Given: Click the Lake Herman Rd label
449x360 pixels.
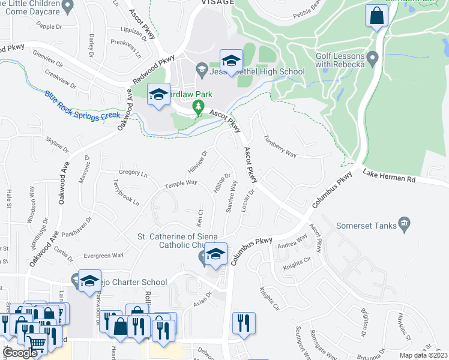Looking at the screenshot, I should coord(389,175).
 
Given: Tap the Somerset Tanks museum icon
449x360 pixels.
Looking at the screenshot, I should coord(404,224).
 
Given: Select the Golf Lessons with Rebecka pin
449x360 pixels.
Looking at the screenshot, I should coord(372,59).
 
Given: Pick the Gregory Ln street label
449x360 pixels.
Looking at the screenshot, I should coord(133,173).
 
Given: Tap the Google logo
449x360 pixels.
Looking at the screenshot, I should coord(20,353).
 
